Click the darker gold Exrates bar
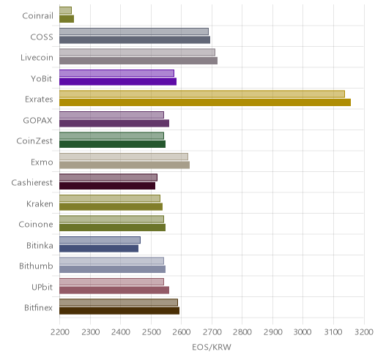[x=205, y=102]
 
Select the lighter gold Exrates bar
[x=202, y=94]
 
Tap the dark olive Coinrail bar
[x=67, y=19]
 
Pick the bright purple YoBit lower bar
[x=118, y=81]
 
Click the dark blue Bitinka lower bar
[x=99, y=249]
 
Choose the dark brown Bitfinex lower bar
[x=119, y=311]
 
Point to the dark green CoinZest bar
[x=113, y=144]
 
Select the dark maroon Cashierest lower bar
[x=108, y=186]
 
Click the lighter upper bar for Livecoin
[x=137, y=53]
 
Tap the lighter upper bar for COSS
[x=134, y=31]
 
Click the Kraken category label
[x=40, y=203]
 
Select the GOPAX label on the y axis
[x=38, y=120]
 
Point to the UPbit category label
[x=42, y=287]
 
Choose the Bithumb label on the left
[x=36, y=266]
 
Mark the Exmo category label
[x=42, y=162]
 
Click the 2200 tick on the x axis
[x=59, y=332]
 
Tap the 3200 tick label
[x=364, y=332]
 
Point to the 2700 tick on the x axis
[x=212, y=332]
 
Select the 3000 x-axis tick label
[x=303, y=332]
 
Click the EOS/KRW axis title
[x=212, y=347]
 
